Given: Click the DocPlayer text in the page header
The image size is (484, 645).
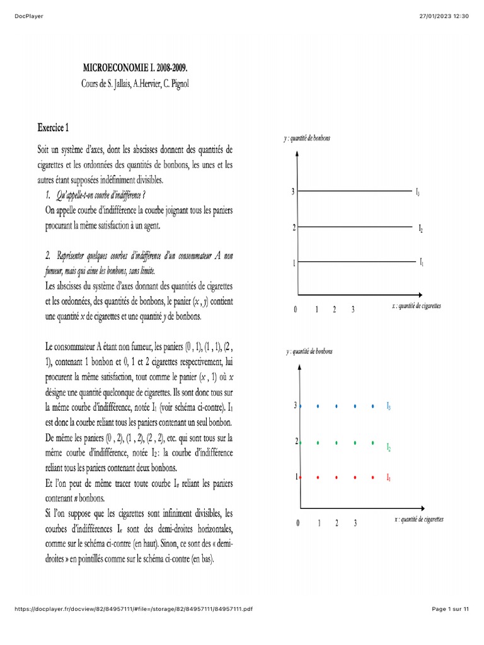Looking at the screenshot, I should click(29, 16).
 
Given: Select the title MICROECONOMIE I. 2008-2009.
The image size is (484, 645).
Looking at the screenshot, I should click(135, 66).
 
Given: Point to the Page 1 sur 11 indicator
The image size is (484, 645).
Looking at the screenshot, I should click(451, 609).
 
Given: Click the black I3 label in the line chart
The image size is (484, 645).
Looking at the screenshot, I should click(418, 192).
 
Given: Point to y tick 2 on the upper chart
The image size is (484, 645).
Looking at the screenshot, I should click(294, 227).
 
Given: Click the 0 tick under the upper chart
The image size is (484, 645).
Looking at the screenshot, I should click(295, 309).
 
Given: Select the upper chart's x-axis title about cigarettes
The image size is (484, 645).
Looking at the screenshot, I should click(417, 305).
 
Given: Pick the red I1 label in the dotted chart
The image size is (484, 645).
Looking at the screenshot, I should click(389, 479).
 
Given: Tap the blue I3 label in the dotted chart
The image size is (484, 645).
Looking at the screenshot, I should click(389, 408).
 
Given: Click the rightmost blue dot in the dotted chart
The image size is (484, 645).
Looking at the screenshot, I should click(374, 407).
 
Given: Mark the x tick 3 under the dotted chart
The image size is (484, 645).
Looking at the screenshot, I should click(355, 523).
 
